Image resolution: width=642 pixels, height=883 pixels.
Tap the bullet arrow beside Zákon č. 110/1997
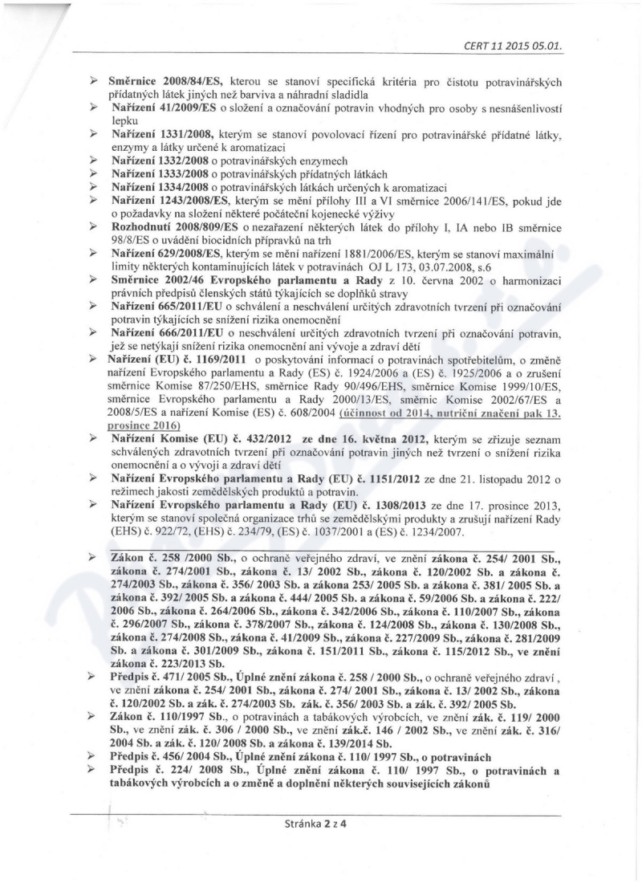tap(93, 717)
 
